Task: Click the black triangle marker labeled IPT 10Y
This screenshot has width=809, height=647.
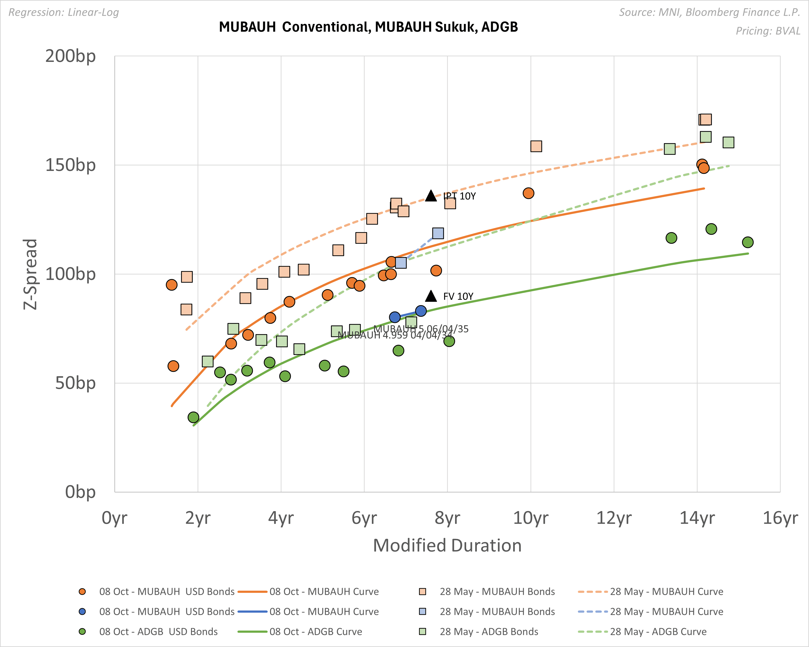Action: pyautogui.click(x=431, y=196)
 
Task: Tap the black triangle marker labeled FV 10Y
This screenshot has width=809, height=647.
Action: pyautogui.click(x=431, y=296)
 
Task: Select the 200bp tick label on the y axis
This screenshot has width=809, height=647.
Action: pyautogui.click(x=71, y=56)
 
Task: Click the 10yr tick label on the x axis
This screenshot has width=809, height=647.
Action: pyautogui.click(x=530, y=518)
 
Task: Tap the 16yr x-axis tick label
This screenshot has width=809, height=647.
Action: pyautogui.click(x=780, y=518)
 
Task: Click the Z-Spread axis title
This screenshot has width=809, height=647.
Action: pyautogui.click(x=30, y=274)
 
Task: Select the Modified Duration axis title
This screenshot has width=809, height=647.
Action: pyautogui.click(x=447, y=545)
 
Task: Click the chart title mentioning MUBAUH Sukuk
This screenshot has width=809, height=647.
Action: pyautogui.click(x=368, y=27)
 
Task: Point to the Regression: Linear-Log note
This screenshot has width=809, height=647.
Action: pyautogui.click(x=63, y=12)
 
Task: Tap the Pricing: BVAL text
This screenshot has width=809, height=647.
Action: pyautogui.click(x=768, y=31)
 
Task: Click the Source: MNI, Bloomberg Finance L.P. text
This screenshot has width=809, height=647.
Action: pyautogui.click(x=709, y=12)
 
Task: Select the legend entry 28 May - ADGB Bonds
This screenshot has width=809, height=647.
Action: pyautogui.click(x=489, y=632)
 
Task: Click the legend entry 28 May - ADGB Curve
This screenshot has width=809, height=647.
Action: pyautogui.click(x=658, y=632)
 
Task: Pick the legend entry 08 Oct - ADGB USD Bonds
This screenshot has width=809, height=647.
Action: pyautogui.click(x=158, y=632)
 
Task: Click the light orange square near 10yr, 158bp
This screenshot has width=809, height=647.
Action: pyautogui.click(x=536, y=146)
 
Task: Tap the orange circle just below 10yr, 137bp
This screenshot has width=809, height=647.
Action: pyautogui.click(x=528, y=193)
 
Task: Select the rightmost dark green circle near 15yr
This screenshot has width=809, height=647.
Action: pyautogui.click(x=747, y=242)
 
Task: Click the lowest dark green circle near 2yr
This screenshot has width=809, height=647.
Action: pyautogui.click(x=193, y=417)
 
